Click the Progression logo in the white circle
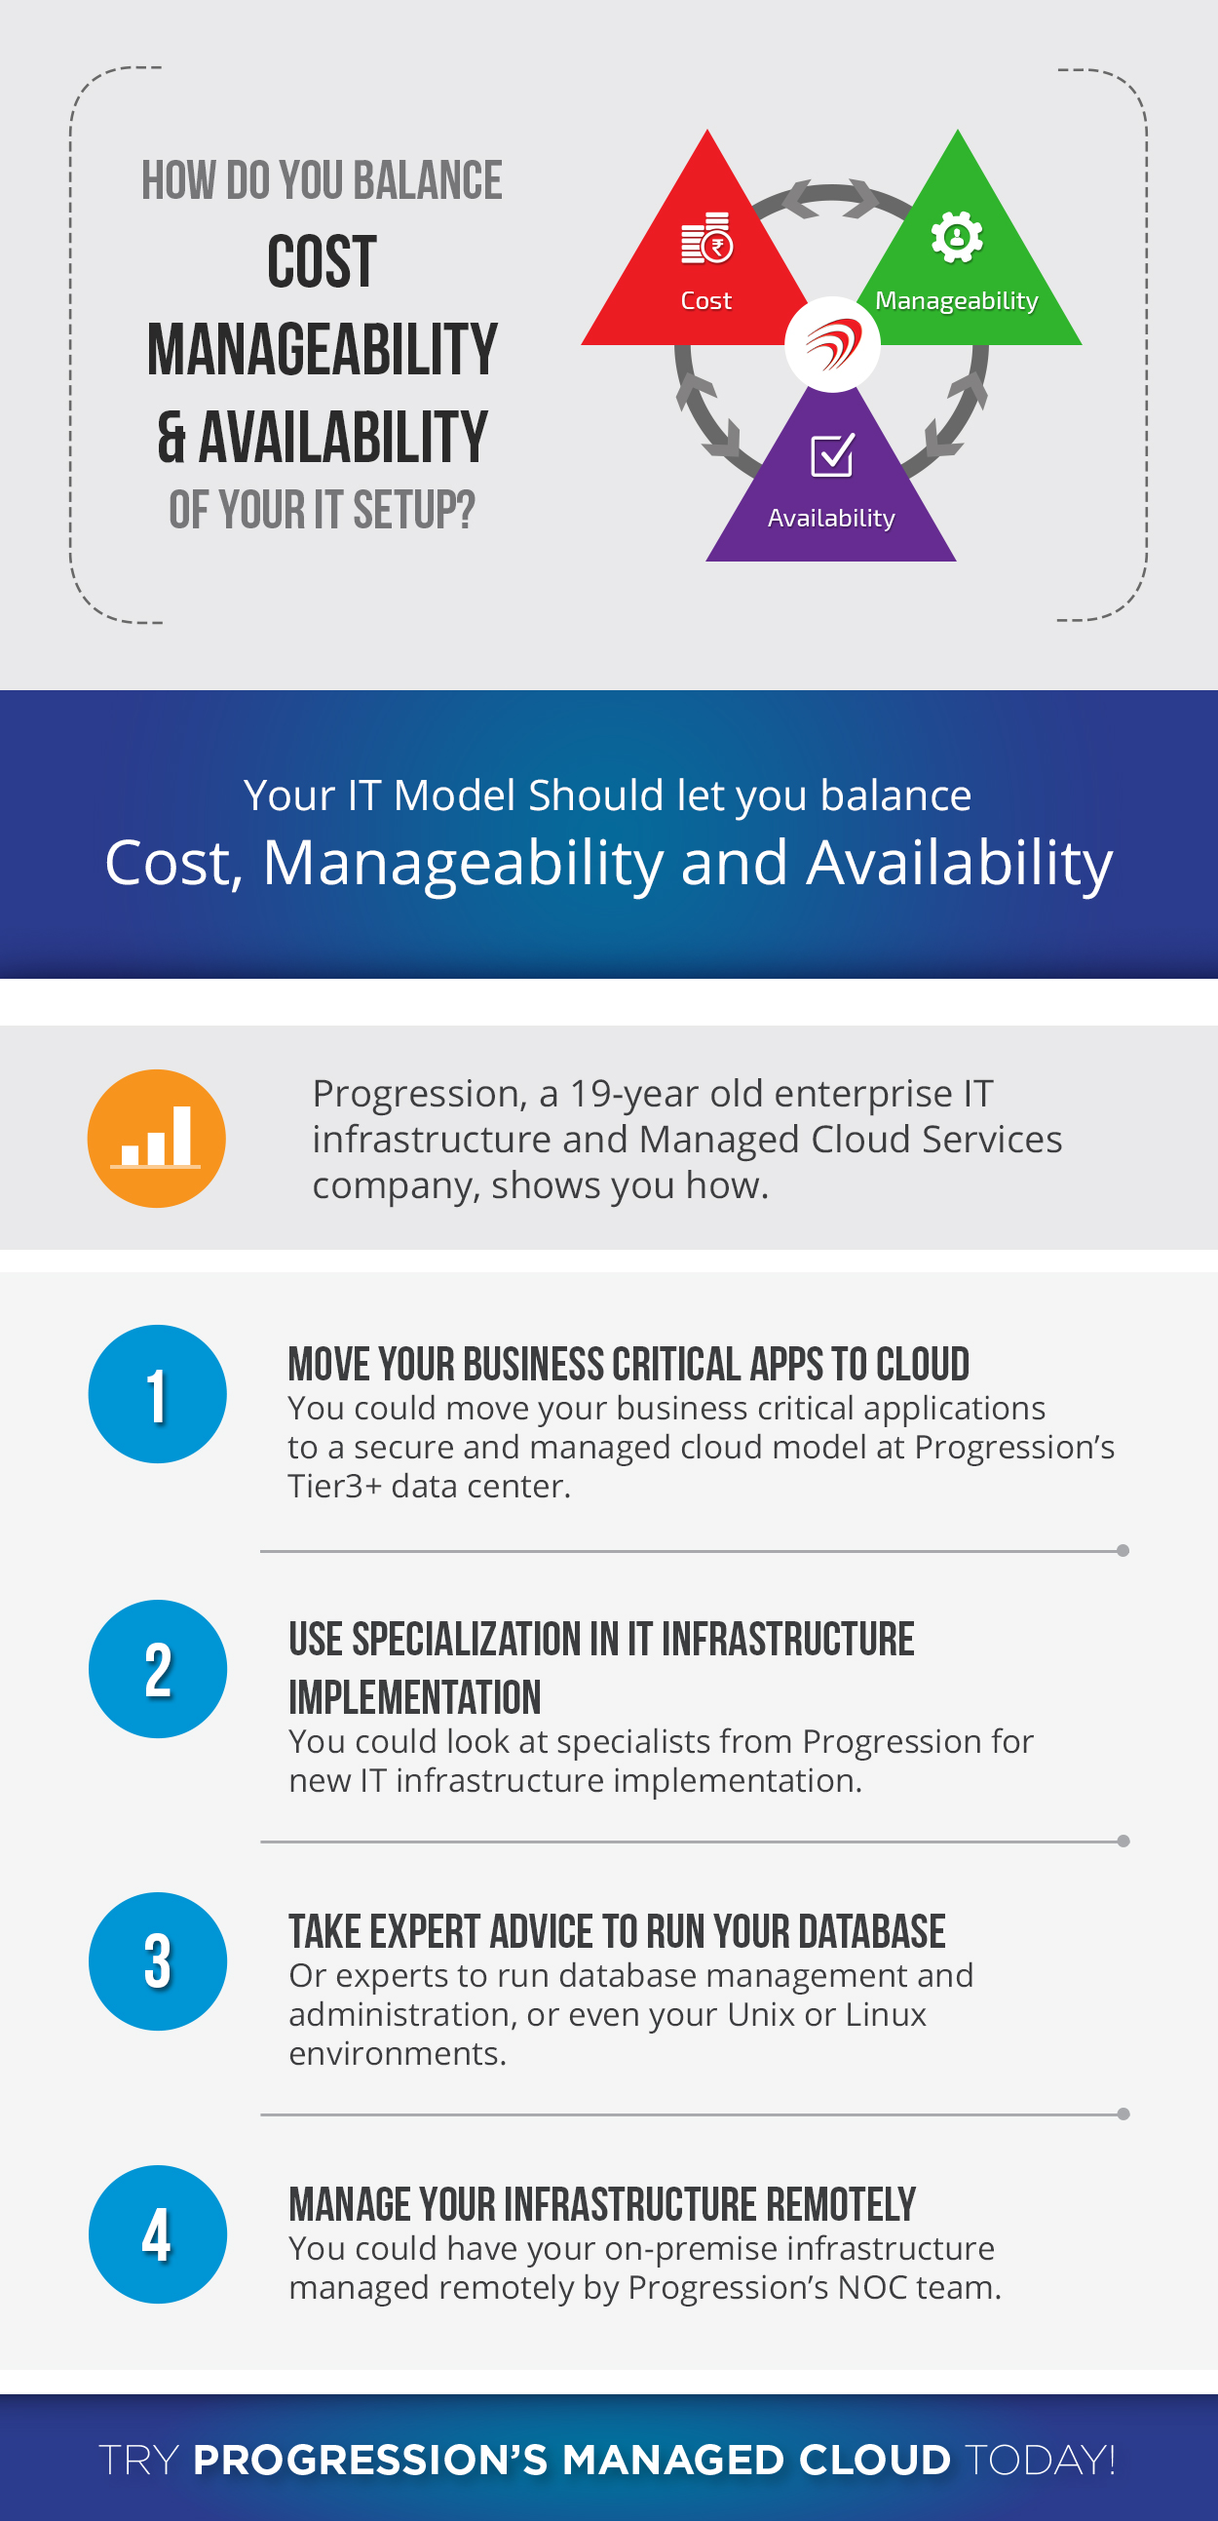pos(832,344)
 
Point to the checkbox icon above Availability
pos(832,455)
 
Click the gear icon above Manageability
pos(957,237)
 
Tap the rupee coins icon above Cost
pos(706,238)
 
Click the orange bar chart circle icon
pos(157,1139)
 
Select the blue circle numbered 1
pos(158,1394)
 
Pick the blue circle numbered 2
pos(158,1669)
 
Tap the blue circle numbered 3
pos(158,1961)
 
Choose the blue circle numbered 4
pos(158,2234)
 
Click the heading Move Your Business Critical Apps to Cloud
pos(628,1364)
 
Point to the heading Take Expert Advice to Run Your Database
pos(618,1932)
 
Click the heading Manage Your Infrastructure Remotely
pos(601,2205)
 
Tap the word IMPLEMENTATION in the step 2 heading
pos(415,1698)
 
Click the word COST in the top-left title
pos(322,261)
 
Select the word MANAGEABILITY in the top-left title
pos(322,349)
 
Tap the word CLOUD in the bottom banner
pos(874,2460)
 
